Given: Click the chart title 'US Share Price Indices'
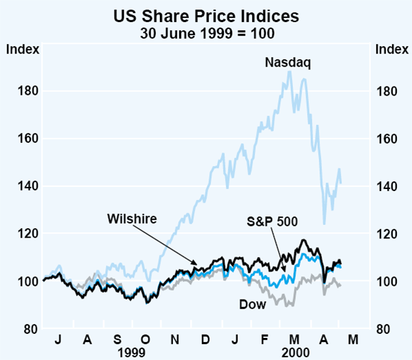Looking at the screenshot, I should (x=205, y=15).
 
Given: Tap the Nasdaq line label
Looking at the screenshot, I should (x=288, y=63).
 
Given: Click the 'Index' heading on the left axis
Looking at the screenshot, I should (x=23, y=49).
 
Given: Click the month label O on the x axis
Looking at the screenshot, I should (x=146, y=339).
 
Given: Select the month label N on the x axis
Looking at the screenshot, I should (x=175, y=339).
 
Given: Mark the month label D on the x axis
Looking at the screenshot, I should (x=205, y=339).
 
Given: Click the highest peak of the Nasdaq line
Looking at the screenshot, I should (x=289, y=71).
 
